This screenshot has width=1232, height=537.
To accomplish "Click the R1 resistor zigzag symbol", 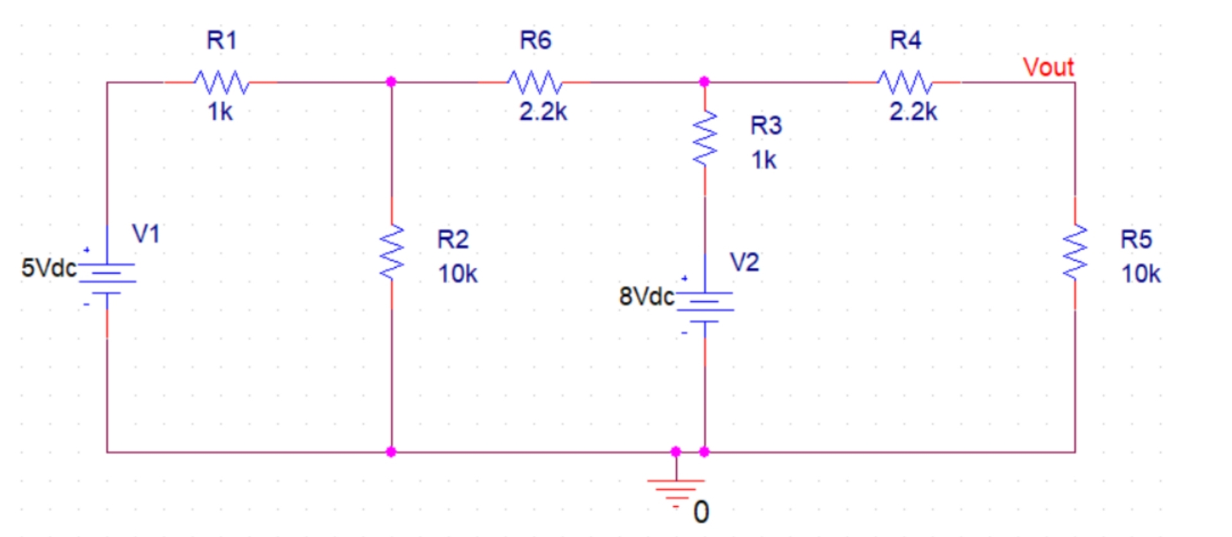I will pyautogui.click(x=221, y=82).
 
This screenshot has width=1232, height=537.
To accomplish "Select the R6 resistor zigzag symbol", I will pyautogui.click(x=535, y=82).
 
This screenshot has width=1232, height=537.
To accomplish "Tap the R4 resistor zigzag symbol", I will pyautogui.click(x=905, y=82).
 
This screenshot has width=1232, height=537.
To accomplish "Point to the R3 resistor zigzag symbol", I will pyautogui.click(x=705, y=138).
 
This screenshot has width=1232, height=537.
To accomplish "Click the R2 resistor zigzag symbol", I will pyautogui.click(x=391, y=252).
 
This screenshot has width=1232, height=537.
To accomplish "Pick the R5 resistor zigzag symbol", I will pyautogui.click(x=1075, y=252).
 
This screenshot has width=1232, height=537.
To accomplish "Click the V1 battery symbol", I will pyautogui.click(x=107, y=277).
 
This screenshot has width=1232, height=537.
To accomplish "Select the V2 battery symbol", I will pyautogui.click(x=705, y=306).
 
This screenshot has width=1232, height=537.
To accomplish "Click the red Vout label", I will pyautogui.click(x=1048, y=67).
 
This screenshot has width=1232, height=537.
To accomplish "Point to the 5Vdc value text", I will pyautogui.click(x=49, y=268).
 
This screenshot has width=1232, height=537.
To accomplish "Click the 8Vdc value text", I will pyautogui.click(x=646, y=296).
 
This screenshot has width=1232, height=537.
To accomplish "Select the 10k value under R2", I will pyautogui.click(x=458, y=274).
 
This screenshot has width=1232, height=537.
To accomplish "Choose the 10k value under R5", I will pyautogui.click(x=1141, y=274).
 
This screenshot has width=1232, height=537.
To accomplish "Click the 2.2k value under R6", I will pyautogui.click(x=543, y=112).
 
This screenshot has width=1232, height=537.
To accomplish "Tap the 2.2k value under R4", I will pyautogui.click(x=913, y=112).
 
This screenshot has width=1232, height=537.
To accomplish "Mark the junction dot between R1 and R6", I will pyautogui.click(x=391, y=82).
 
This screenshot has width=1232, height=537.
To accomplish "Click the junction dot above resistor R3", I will pyautogui.click(x=705, y=82).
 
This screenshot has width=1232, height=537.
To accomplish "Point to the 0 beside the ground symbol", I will pyautogui.click(x=701, y=513).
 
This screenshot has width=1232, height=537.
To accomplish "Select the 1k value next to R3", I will pyautogui.click(x=764, y=160).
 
